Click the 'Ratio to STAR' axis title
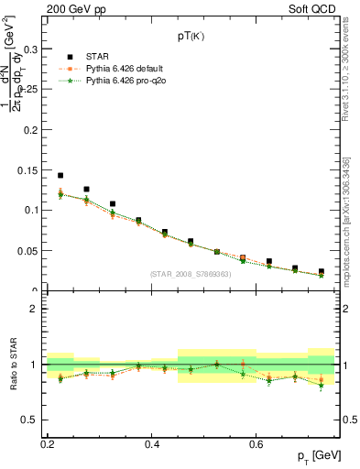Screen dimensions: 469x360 click(x=12, y=365)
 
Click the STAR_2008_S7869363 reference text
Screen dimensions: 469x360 click(x=191, y=274)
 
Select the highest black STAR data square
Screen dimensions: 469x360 click(x=60, y=175)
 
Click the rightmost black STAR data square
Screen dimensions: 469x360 click(x=322, y=271)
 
